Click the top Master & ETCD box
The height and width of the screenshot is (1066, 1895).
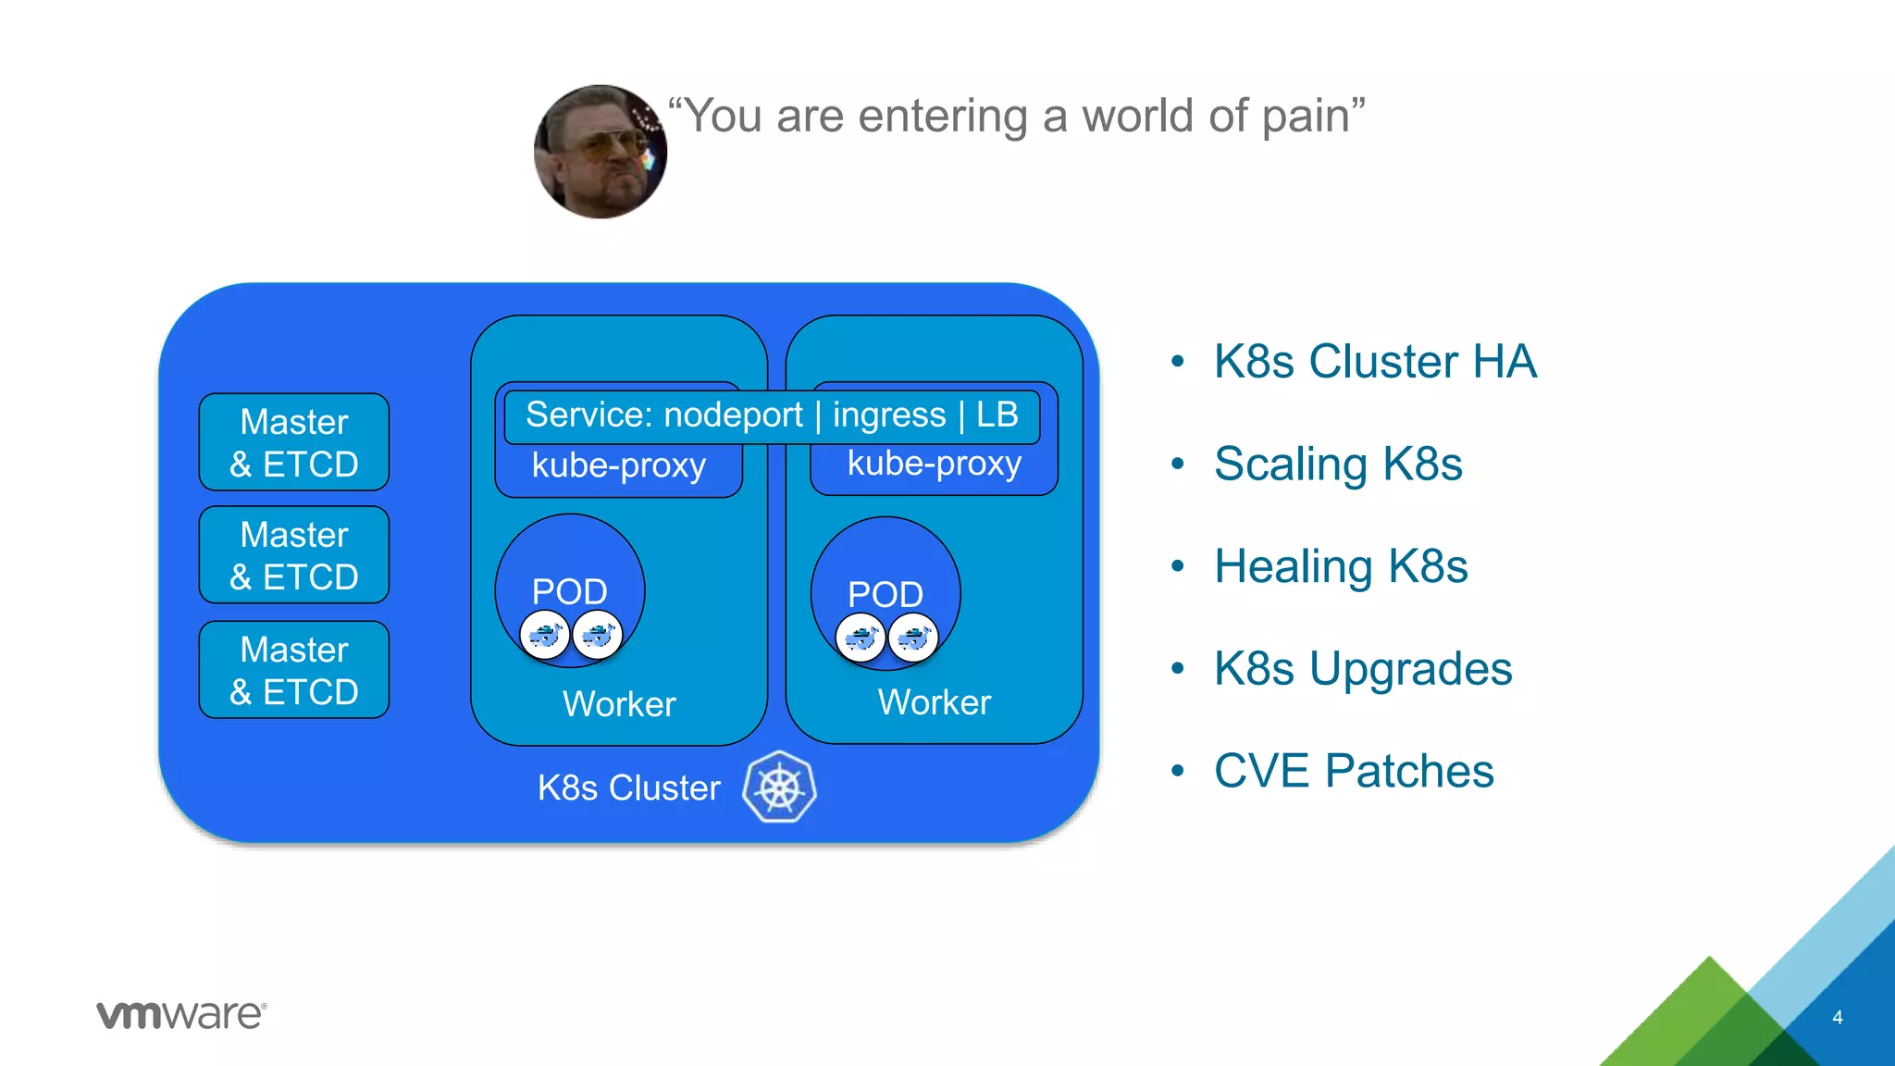[294, 442]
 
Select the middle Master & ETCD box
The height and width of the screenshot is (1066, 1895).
[294, 555]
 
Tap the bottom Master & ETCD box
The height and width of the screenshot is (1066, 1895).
[294, 670]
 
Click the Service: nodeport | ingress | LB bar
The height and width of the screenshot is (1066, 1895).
[772, 415]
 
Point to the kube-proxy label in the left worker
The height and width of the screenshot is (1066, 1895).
[618, 465]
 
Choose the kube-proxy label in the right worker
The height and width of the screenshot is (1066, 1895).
[935, 464]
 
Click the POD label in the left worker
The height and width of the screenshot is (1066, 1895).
[569, 591]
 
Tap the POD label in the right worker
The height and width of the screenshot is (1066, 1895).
[886, 594]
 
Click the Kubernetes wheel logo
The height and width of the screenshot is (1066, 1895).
[780, 787]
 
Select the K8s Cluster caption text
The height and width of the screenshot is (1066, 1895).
[628, 787]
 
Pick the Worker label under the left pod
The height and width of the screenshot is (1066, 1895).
[619, 704]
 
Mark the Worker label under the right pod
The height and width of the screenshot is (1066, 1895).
[935, 702]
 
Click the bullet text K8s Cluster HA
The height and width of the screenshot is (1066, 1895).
[1375, 361]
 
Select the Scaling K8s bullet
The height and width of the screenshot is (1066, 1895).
[1338, 464]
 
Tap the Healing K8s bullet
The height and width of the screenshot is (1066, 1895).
[1341, 566]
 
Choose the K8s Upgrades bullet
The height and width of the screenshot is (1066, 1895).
[1363, 668]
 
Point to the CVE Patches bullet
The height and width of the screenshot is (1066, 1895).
[1354, 771]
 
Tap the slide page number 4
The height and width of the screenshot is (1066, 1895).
[1838, 1018]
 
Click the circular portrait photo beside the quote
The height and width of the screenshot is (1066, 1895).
[601, 152]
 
